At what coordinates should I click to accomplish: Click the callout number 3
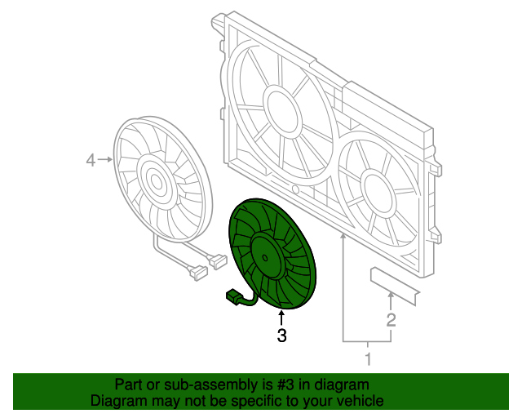pyautogui.click(x=281, y=335)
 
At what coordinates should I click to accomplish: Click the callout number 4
pyautogui.click(x=91, y=161)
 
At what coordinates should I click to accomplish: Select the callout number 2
pyautogui.click(x=391, y=319)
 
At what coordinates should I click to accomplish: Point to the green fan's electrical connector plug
pyautogui.click(x=232, y=297)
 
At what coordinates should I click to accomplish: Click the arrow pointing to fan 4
pyautogui.click(x=108, y=161)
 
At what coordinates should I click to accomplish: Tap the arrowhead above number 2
pyautogui.click(x=391, y=296)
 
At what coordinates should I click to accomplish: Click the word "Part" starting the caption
pyautogui.click(x=128, y=385)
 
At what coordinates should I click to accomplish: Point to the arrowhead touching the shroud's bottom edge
pyautogui.click(x=343, y=237)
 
